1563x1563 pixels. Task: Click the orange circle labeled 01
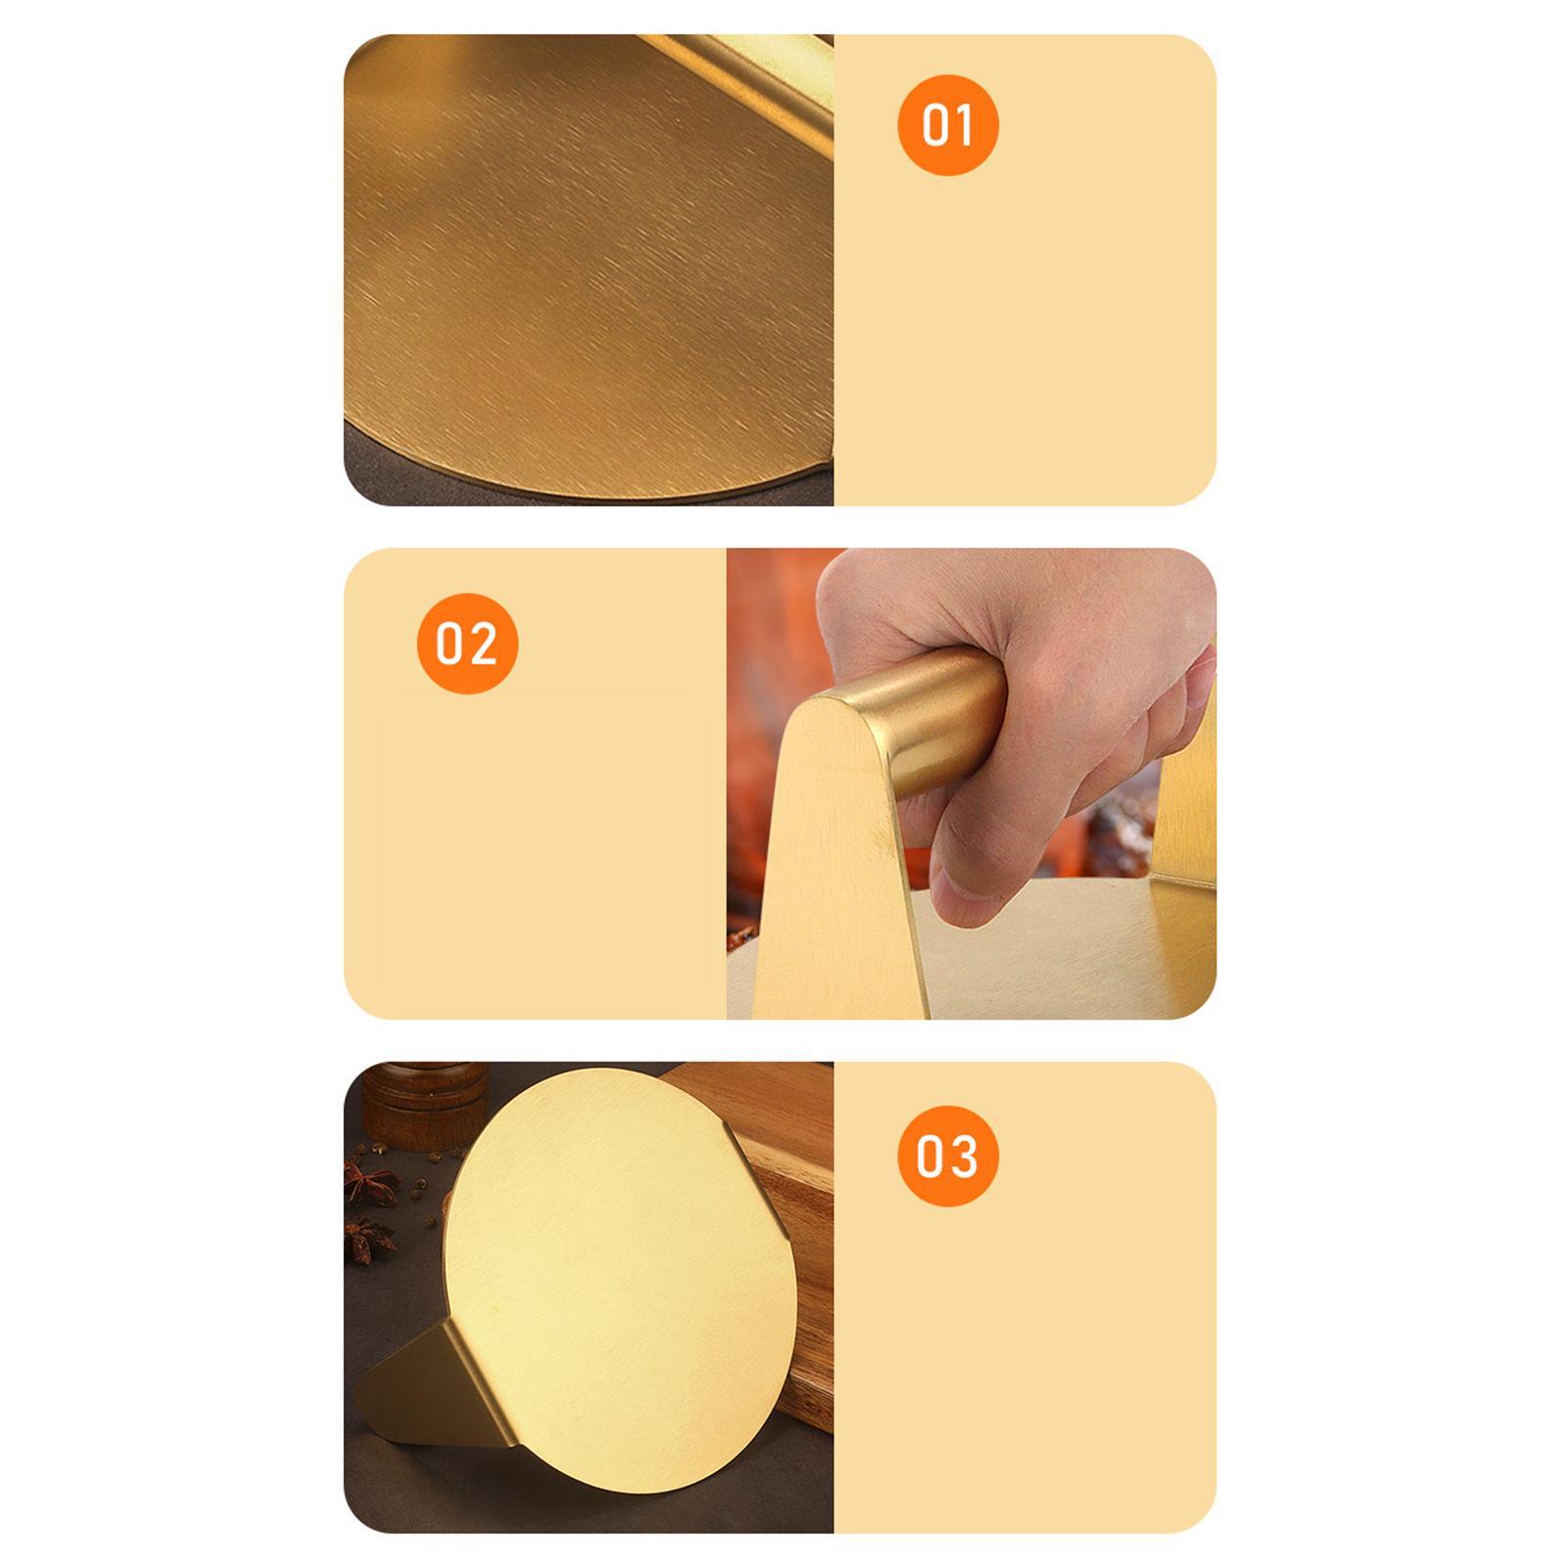948,125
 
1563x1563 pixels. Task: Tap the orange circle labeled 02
467,644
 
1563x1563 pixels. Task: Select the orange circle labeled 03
948,1156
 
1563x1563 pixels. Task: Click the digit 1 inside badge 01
962,125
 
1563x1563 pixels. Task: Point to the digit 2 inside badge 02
483,644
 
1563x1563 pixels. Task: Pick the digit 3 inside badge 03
963,1156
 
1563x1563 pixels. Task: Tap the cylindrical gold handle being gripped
938,718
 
